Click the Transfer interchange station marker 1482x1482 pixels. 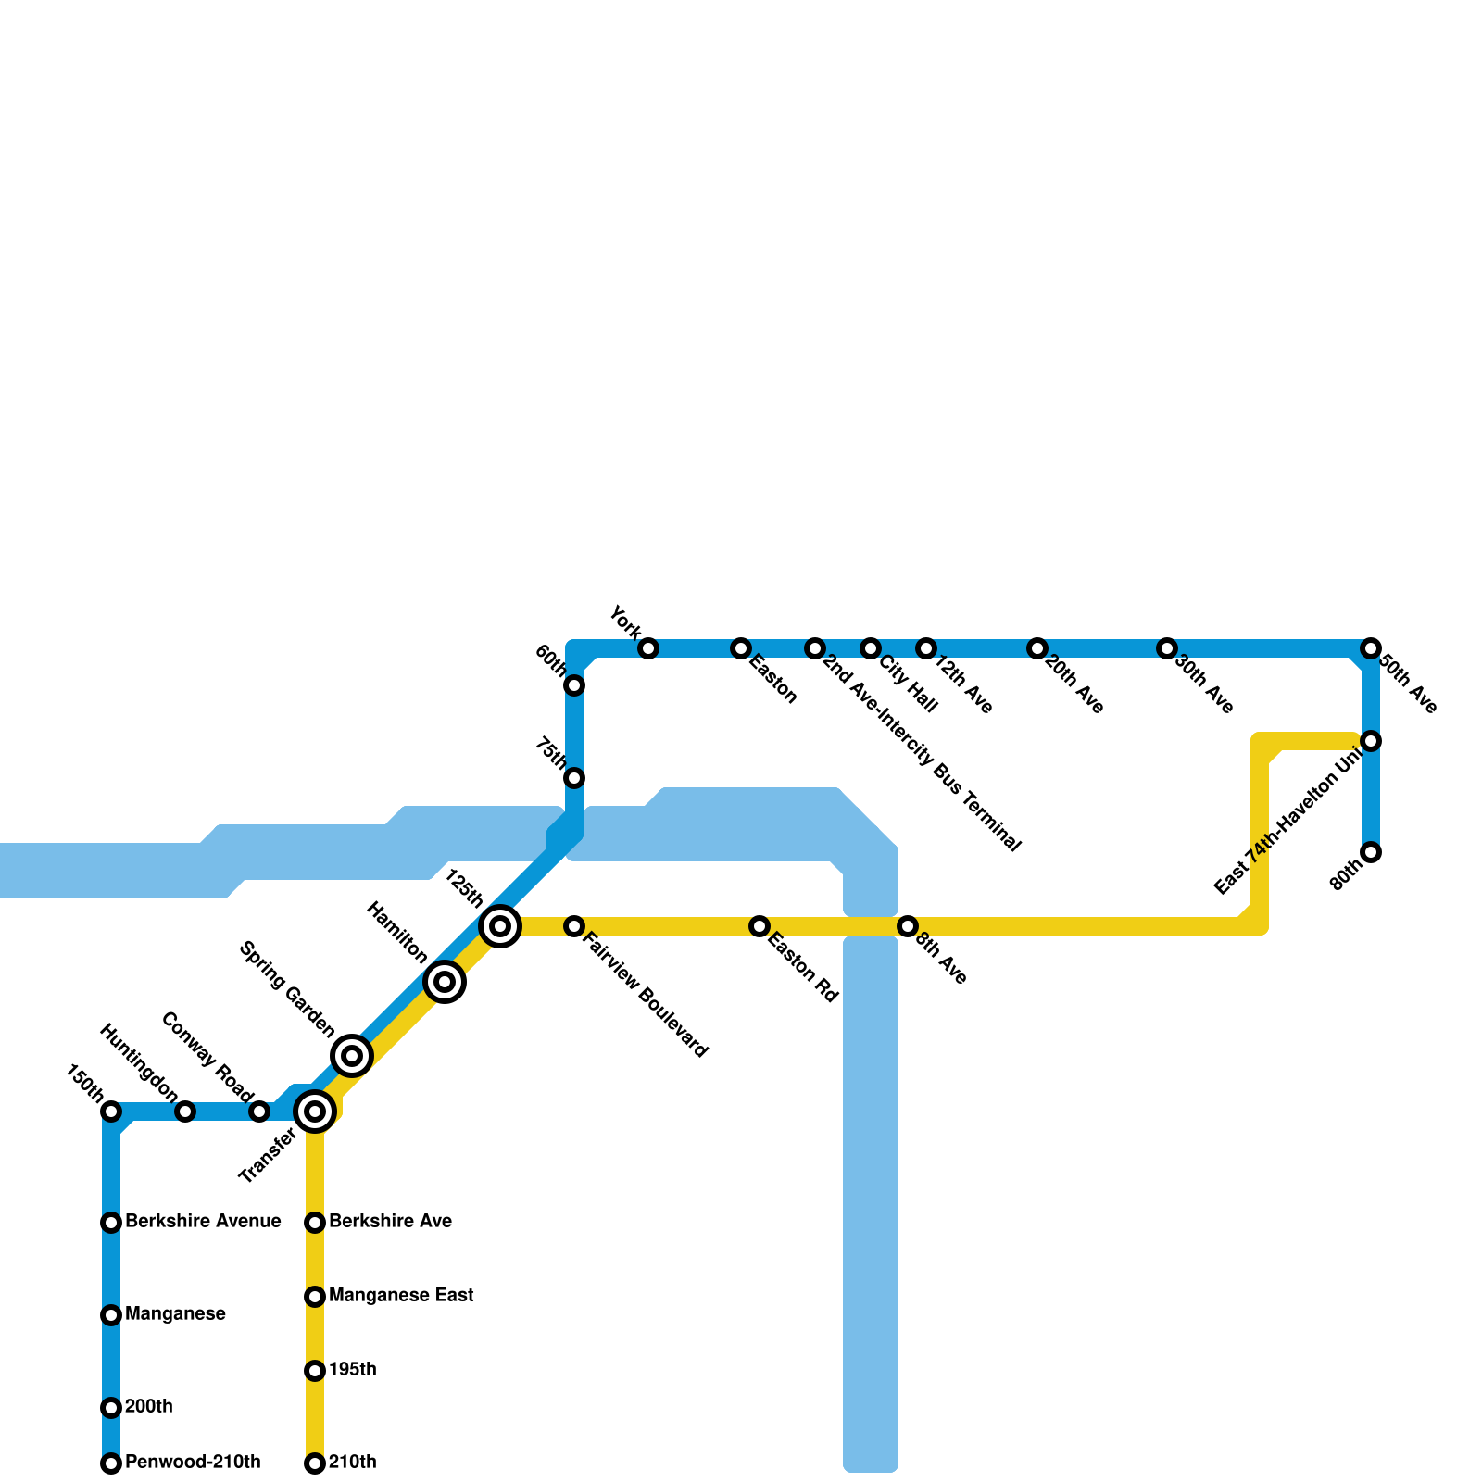click(x=315, y=1111)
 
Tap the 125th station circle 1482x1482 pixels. click(x=500, y=925)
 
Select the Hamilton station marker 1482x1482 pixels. click(x=445, y=982)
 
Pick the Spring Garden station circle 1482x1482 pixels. click(x=352, y=1055)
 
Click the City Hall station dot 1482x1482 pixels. click(x=871, y=648)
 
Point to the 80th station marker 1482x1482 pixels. click(x=1371, y=852)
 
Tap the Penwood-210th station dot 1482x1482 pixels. click(x=111, y=1463)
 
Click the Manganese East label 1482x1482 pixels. click(x=401, y=1296)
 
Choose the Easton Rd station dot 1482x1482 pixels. click(x=760, y=926)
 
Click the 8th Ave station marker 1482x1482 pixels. click(x=908, y=926)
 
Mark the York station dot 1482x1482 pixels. click(x=648, y=648)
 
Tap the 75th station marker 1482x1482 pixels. click(x=574, y=778)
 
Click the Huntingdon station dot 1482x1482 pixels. click(x=185, y=1111)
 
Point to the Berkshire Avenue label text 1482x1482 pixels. click(x=203, y=1222)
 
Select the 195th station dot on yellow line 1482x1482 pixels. click(x=315, y=1371)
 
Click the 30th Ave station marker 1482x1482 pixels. click(x=1167, y=648)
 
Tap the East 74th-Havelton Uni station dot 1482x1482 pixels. click(x=1371, y=741)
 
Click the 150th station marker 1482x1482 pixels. click(x=111, y=1111)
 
